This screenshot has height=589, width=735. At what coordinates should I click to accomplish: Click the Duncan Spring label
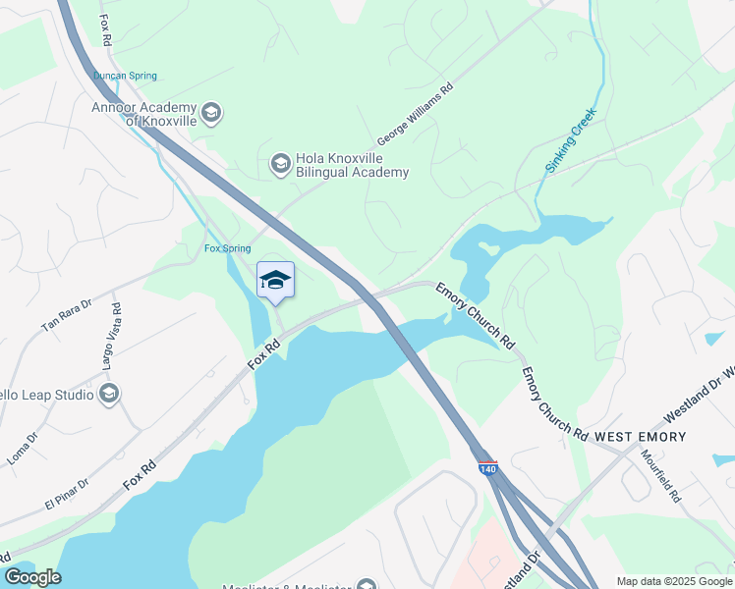pos(125,76)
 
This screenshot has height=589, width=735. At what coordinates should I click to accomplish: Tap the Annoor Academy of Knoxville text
pos(144,114)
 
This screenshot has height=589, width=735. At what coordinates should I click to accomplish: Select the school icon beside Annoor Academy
pos(211,113)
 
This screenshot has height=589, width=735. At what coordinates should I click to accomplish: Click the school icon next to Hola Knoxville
pos(281,164)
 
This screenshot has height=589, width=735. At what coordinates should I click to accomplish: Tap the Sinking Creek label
pos(570,141)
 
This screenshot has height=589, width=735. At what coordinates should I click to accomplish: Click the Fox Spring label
pos(227,248)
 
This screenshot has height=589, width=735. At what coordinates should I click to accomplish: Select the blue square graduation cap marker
pos(275,280)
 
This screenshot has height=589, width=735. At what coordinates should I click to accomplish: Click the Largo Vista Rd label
pos(111,336)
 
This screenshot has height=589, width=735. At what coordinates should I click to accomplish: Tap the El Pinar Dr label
pos(67,493)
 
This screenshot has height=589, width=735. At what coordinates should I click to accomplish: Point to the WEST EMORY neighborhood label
pos(640,435)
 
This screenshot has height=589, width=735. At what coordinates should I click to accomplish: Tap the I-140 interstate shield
pos(488,468)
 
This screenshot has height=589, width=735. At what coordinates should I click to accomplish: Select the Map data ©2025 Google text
pos(673,580)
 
